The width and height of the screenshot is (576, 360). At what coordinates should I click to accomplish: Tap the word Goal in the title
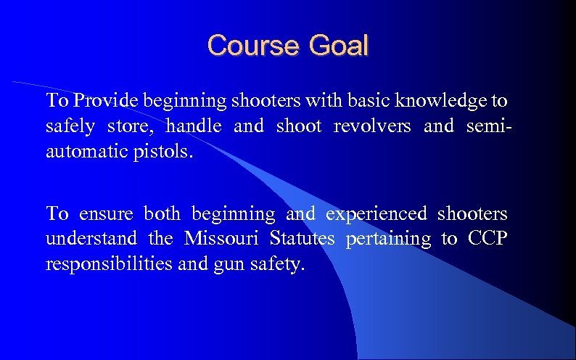(x=339, y=46)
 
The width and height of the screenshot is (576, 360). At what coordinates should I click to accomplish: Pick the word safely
(x=70, y=127)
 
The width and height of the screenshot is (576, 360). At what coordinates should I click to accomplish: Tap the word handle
(x=194, y=126)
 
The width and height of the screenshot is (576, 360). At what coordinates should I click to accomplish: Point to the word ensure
(x=105, y=214)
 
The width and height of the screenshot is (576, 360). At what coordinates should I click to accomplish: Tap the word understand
(x=91, y=238)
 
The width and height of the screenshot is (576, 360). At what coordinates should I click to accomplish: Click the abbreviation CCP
(x=487, y=238)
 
